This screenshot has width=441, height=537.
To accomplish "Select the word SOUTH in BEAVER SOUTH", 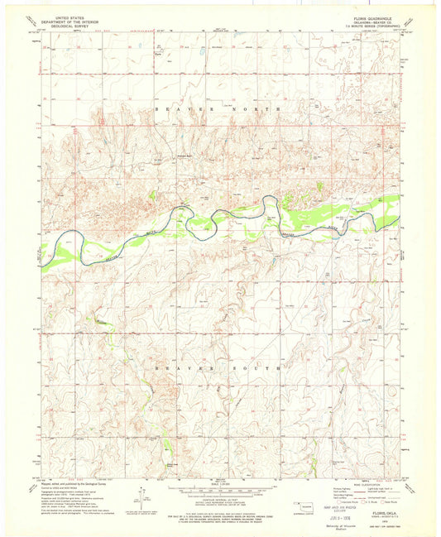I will [262, 365].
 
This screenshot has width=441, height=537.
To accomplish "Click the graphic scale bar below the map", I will [218, 489].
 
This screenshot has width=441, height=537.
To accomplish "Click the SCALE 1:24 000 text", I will [218, 482].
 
